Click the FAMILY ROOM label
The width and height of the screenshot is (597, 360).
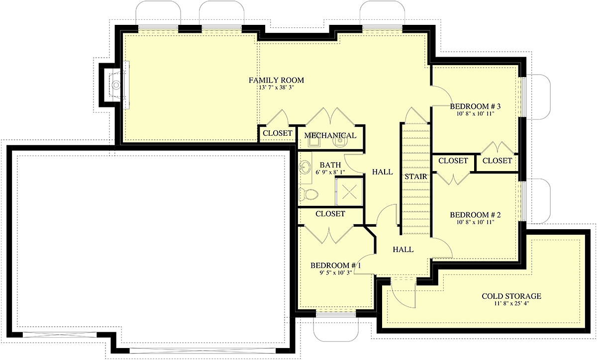276,80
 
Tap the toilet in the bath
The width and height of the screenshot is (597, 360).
308,194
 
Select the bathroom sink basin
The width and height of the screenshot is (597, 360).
304,167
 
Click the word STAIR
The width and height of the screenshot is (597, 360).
416,177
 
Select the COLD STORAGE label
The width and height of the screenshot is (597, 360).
511,296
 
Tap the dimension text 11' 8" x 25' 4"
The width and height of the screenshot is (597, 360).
511,303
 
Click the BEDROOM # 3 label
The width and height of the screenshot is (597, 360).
475,106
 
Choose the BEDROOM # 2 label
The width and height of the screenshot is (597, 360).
475,215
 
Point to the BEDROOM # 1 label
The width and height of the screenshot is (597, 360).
335,266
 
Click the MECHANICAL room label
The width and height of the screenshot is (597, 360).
330,135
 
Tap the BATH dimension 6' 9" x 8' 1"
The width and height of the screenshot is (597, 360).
330,172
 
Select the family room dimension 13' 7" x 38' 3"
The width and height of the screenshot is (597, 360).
276,88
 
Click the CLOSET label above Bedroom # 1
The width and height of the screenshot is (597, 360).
330,214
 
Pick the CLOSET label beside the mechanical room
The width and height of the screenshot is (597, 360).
278,133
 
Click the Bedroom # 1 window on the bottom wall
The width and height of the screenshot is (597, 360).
336,315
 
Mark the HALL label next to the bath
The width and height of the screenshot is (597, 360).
383,172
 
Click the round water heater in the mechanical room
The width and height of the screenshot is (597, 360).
339,142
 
